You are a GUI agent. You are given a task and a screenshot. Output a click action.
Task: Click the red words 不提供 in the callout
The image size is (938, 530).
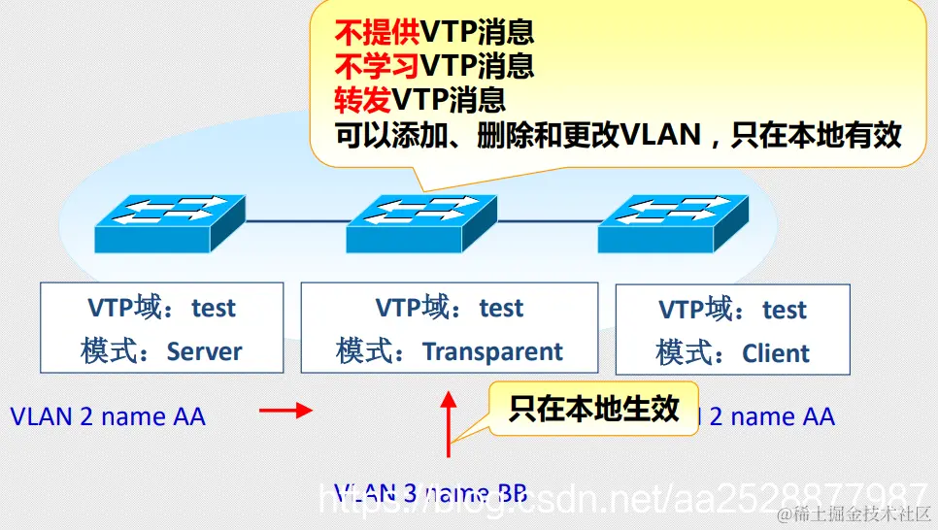pos(377,33)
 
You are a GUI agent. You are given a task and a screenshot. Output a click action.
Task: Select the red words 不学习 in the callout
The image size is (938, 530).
pos(377,66)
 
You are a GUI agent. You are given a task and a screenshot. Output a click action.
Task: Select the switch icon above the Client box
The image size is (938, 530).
pos(673,222)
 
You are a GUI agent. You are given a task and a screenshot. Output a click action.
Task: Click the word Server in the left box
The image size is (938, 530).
pos(204,350)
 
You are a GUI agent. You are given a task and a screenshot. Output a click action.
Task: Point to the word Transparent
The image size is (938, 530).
pos(492,351)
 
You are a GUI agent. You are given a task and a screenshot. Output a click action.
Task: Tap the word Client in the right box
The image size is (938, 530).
pos(776,353)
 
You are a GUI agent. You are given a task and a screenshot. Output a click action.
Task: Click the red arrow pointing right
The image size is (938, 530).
pos(285,412)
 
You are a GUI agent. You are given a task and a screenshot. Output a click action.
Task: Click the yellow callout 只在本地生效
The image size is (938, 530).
pos(593,409)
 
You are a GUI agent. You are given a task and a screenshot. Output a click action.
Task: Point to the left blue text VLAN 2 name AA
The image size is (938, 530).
pos(108,416)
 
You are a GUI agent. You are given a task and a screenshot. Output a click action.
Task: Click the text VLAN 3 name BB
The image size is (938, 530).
pos(430,493)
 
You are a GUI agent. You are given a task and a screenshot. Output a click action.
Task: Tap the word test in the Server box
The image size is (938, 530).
pos(214,308)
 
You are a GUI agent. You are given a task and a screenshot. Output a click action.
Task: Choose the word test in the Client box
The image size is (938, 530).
pos(785,310)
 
